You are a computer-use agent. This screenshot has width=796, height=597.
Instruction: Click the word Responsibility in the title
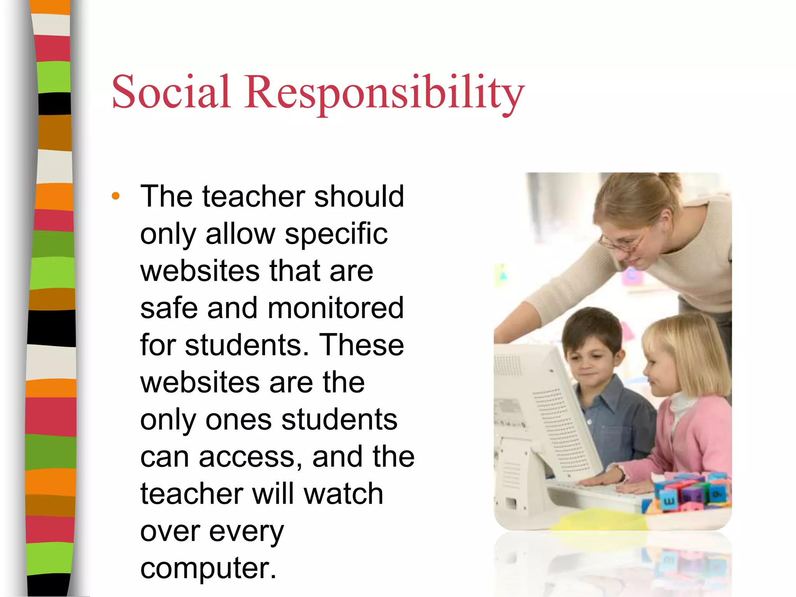[384, 93]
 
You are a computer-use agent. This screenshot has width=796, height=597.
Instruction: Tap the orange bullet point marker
[115, 196]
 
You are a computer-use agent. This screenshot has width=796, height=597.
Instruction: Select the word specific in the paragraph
[336, 234]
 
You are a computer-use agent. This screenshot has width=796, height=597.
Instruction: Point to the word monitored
[336, 308]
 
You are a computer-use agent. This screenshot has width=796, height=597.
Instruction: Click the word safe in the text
[168, 308]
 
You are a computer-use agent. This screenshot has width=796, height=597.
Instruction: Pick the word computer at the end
[208, 568]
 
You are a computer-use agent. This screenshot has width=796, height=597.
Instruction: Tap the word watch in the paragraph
[344, 494]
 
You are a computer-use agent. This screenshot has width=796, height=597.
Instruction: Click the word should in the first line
[359, 197]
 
